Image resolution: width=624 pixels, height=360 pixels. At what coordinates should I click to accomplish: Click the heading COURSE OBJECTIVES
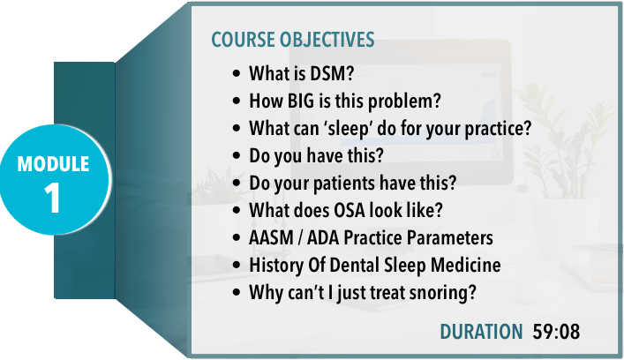click(292, 40)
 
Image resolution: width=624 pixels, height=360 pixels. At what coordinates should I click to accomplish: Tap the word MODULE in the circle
click(53, 164)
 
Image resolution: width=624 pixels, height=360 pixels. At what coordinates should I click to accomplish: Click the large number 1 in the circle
click(53, 198)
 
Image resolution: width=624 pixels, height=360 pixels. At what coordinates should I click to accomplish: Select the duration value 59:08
click(556, 332)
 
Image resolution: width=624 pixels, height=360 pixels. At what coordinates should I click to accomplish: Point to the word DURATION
click(481, 332)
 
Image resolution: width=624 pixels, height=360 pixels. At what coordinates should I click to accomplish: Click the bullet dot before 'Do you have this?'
click(237, 155)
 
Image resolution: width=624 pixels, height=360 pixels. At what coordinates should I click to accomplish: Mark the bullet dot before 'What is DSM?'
click(237, 73)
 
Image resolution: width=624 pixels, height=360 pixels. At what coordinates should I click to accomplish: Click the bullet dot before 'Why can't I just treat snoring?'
click(237, 293)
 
